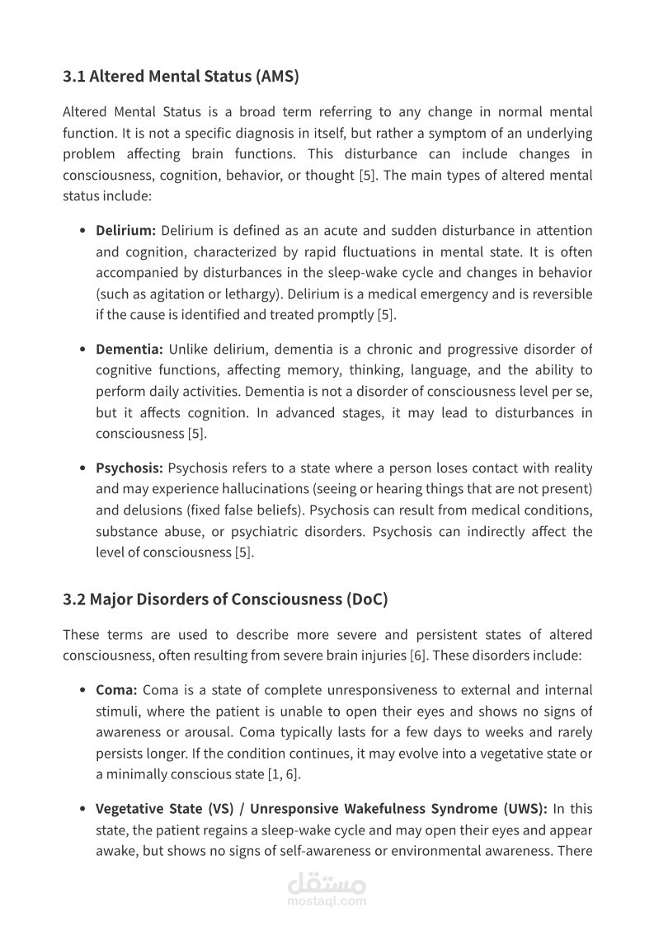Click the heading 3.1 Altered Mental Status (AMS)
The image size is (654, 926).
pyautogui.click(x=181, y=78)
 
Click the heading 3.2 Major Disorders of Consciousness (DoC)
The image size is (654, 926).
pyautogui.click(x=225, y=599)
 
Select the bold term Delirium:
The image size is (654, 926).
pyautogui.click(x=125, y=231)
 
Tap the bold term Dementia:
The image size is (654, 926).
pyautogui.click(x=129, y=350)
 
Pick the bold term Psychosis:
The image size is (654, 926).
pyautogui.click(x=129, y=468)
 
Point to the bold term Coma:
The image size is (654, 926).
pyautogui.click(x=116, y=690)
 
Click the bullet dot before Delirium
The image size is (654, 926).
pyautogui.click(x=83, y=231)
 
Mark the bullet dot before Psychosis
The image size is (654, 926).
pyautogui.click(x=83, y=468)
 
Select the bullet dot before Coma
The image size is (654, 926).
pyautogui.click(x=83, y=690)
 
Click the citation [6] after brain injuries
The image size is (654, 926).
pyautogui.click(x=418, y=656)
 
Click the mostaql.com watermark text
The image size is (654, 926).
pyautogui.click(x=327, y=902)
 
